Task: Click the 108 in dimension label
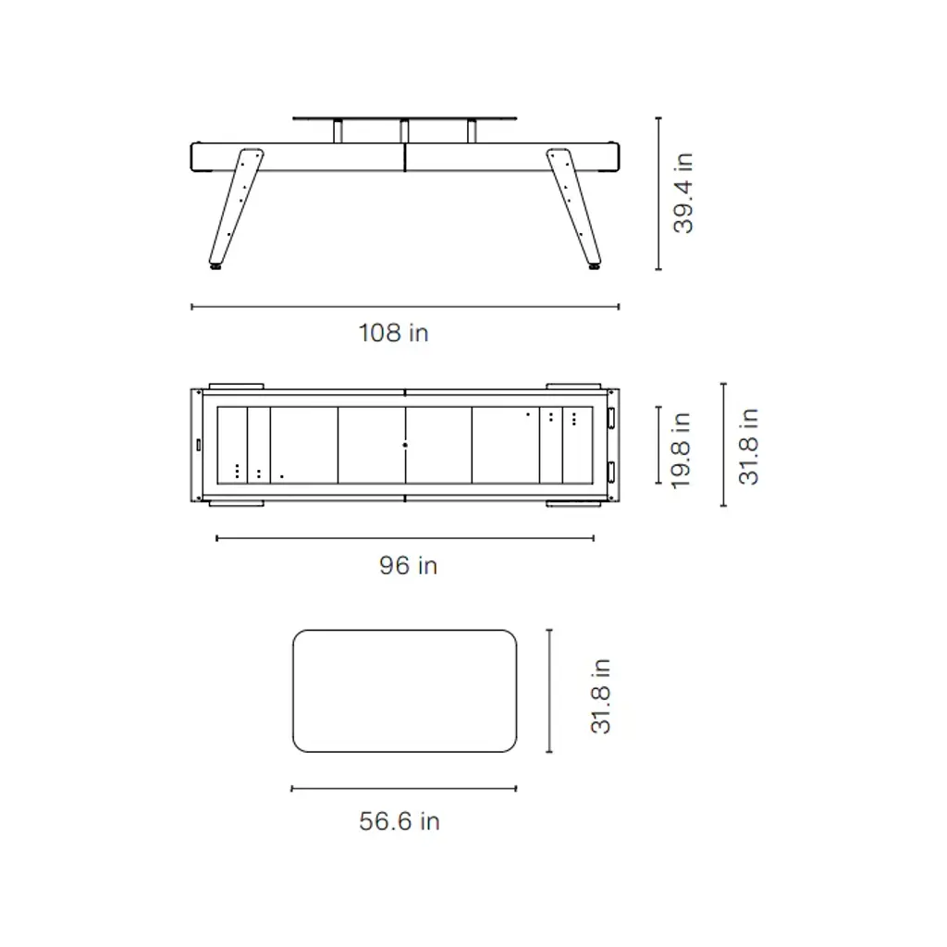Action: (x=393, y=333)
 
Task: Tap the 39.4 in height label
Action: (x=683, y=193)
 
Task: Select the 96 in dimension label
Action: (x=408, y=565)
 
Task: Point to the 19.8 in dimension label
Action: (x=681, y=450)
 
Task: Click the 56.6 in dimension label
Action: (x=400, y=821)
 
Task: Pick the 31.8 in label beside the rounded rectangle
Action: (x=600, y=695)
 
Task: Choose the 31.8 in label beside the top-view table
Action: (x=748, y=447)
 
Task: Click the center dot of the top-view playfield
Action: (x=405, y=445)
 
